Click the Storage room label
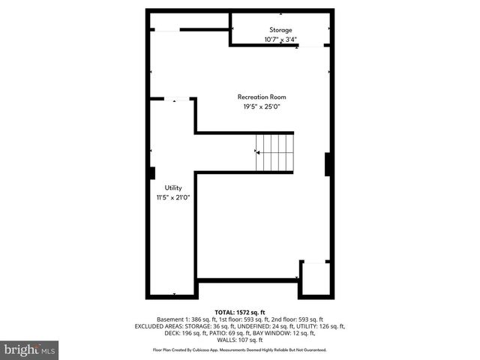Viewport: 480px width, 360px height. (281, 30)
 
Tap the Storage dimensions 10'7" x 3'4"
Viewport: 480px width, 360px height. (281, 39)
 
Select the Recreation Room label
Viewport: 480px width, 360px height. (262, 97)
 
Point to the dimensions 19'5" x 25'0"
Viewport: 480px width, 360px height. (262, 106)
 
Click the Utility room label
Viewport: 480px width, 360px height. (173, 187)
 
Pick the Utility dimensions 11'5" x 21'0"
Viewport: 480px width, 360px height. (173, 197)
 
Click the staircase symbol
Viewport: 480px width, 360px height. (274, 152)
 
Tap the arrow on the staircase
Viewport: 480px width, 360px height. (259, 152)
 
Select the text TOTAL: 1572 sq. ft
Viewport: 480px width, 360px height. (240, 311)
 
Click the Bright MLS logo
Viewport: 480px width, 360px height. (29, 349)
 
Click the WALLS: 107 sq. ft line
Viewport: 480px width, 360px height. (240, 340)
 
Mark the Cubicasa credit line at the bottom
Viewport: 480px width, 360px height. (240, 349)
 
